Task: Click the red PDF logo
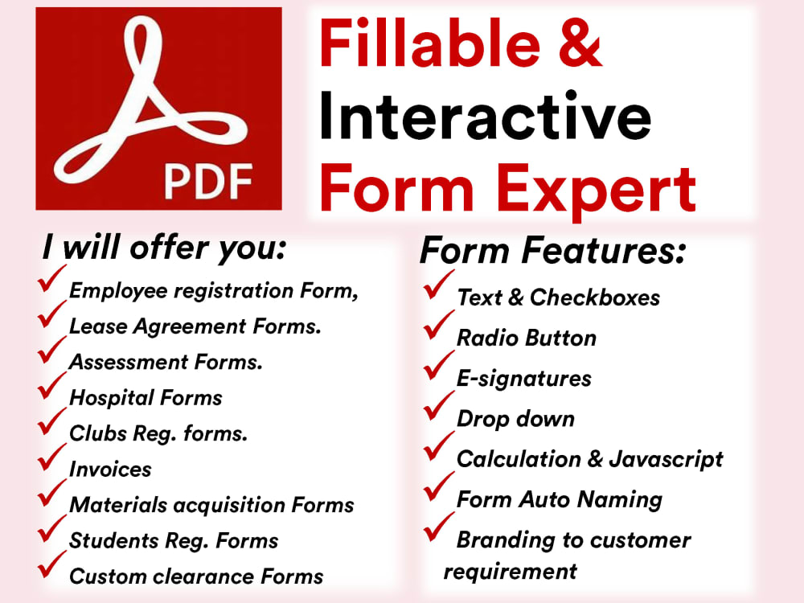pyautogui.click(x=158, y=109)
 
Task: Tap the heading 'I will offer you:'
pyautogui.click(x=164, y=249)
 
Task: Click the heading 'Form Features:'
pyautogui.click(x=553, y=252)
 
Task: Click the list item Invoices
pyautogui.click(x=110, y=469)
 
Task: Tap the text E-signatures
pyautogui.click(x=523, y=378)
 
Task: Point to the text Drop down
pyautogui.click(x=515, y=418)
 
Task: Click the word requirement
pyautogui.click(x=510, y=572)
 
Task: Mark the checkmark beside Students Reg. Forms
pyautogui.click(x=51, y=534)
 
